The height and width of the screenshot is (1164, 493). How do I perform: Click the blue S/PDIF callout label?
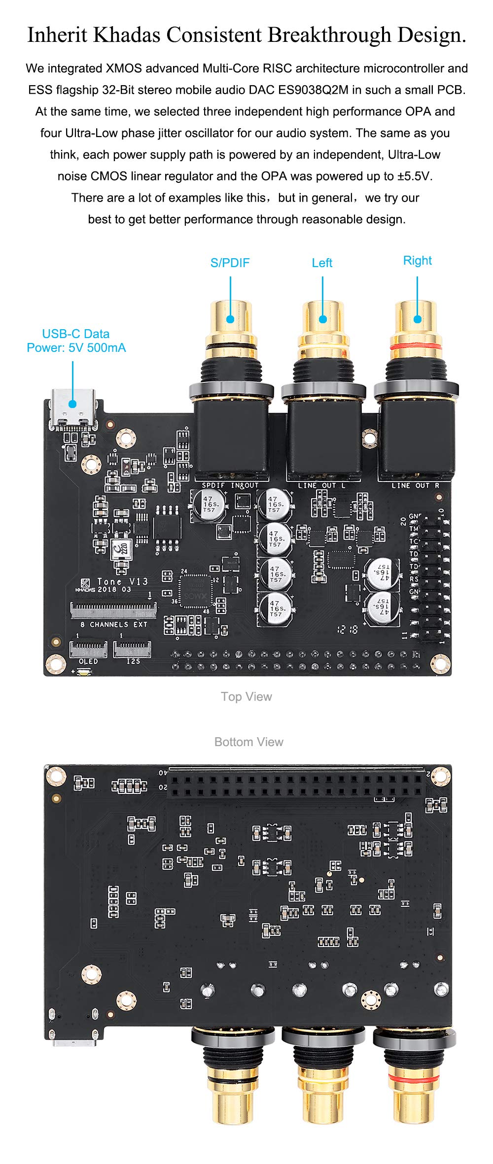[x=230, y=263]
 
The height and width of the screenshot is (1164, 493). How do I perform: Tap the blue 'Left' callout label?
[x=322, y=263]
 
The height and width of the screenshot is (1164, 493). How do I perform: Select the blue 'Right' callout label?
[x=417, y=260]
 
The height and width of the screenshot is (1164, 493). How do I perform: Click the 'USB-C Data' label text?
[x=75, y=334]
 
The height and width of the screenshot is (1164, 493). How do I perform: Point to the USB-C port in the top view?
[x=73, y=407]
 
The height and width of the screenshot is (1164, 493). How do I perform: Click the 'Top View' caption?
[x=246, y=696]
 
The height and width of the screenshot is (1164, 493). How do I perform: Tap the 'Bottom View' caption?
[x=248, y=742]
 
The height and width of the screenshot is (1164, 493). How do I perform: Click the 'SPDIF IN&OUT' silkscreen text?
[x=230, y=485]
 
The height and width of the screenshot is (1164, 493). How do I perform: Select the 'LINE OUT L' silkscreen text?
[x=321, y=485]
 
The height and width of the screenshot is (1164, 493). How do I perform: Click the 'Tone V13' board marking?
[x=122, y=582]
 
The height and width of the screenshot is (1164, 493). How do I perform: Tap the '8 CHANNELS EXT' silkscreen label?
[x=114, y=624]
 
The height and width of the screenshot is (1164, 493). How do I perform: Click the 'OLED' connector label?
[x=88, y=661]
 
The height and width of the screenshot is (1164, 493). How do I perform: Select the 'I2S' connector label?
[x=133, y=661]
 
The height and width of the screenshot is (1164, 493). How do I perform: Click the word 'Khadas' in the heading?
[x=125, y=35]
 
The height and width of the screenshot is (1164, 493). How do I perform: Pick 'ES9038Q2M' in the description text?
[x=313, y=90]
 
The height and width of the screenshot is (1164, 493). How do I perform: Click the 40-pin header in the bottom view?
[x=296, y=784]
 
